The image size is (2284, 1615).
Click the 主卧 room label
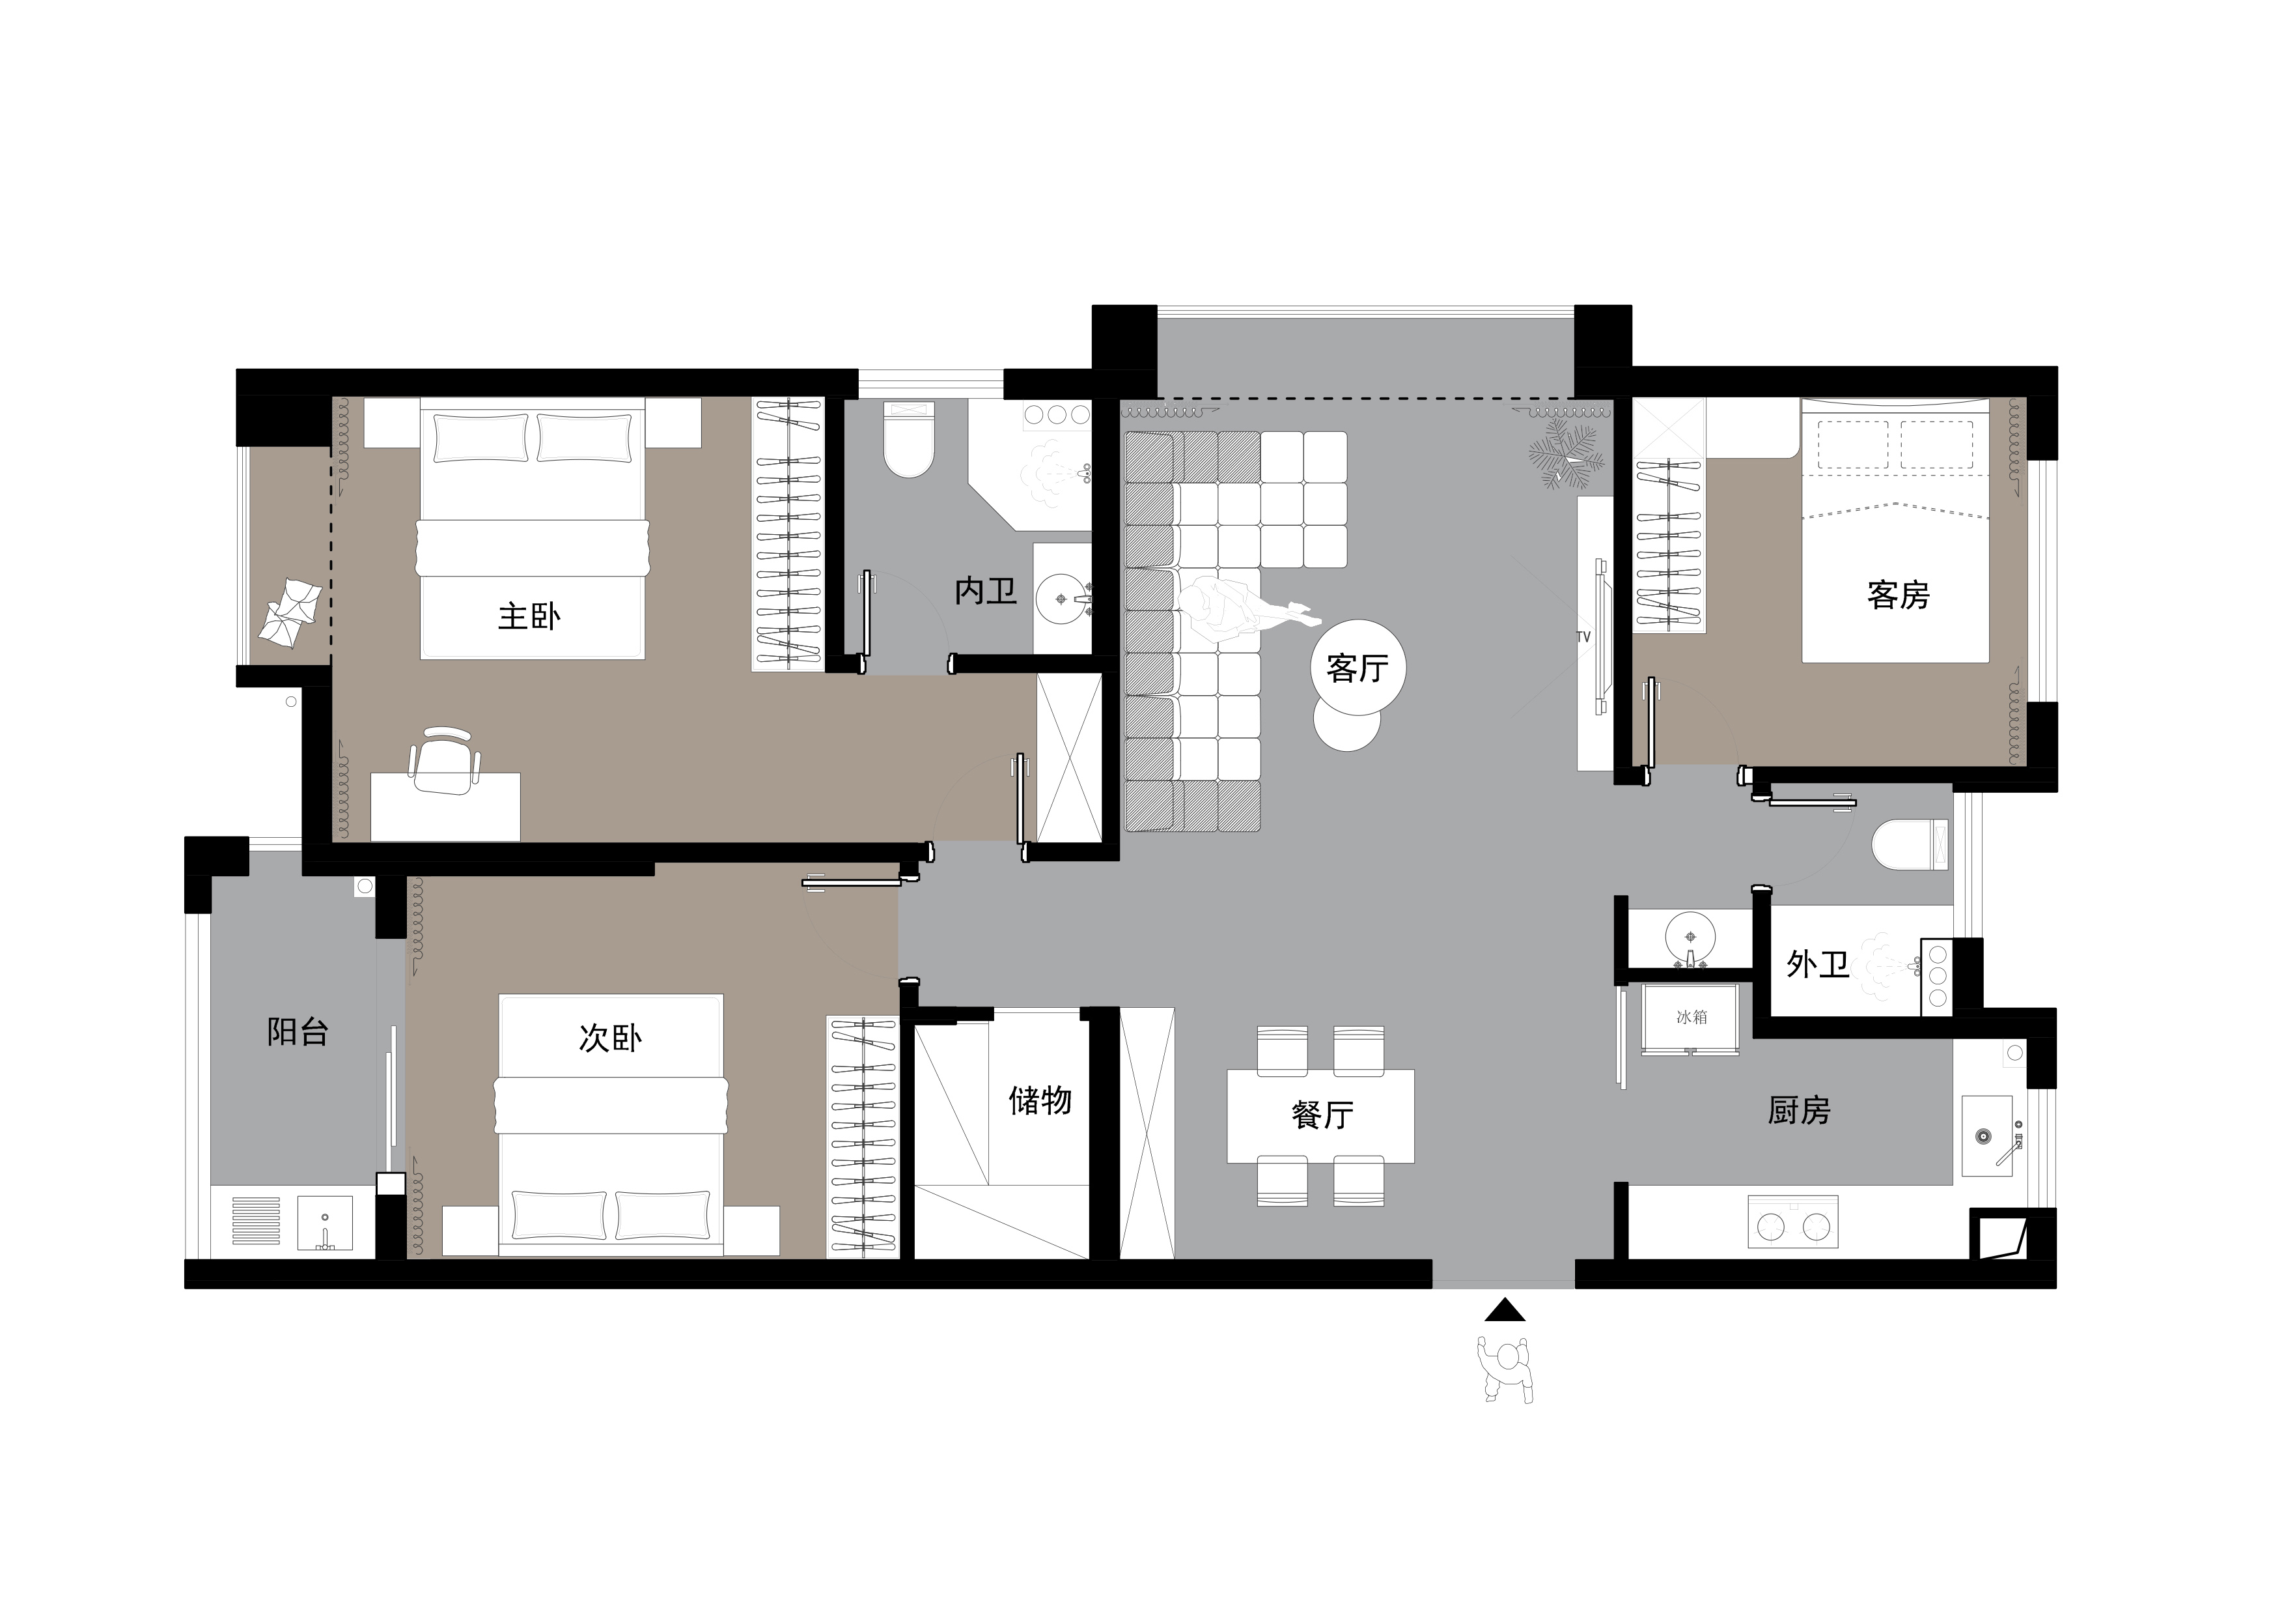(529, 616)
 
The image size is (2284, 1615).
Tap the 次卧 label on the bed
(610, 1038)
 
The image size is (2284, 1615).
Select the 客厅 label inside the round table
(1357, 668)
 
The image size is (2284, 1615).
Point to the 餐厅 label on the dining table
(1322, 1115)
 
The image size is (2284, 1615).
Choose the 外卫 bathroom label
(1817, 964)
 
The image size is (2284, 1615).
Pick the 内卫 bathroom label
(986, 591)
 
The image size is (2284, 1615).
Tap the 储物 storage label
(1040, 1100)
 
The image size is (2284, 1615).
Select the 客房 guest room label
(1898, 595)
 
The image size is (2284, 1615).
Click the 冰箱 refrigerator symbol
(1690, 1019)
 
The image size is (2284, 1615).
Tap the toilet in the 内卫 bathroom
(909, 439)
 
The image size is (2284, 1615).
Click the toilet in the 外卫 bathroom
(1910, 845)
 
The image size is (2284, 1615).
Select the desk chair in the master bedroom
(445, 760)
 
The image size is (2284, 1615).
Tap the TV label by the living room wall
(1583, 637)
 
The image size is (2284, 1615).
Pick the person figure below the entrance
(1505, 1370)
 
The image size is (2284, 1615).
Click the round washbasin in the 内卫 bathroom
(1063, 599)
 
